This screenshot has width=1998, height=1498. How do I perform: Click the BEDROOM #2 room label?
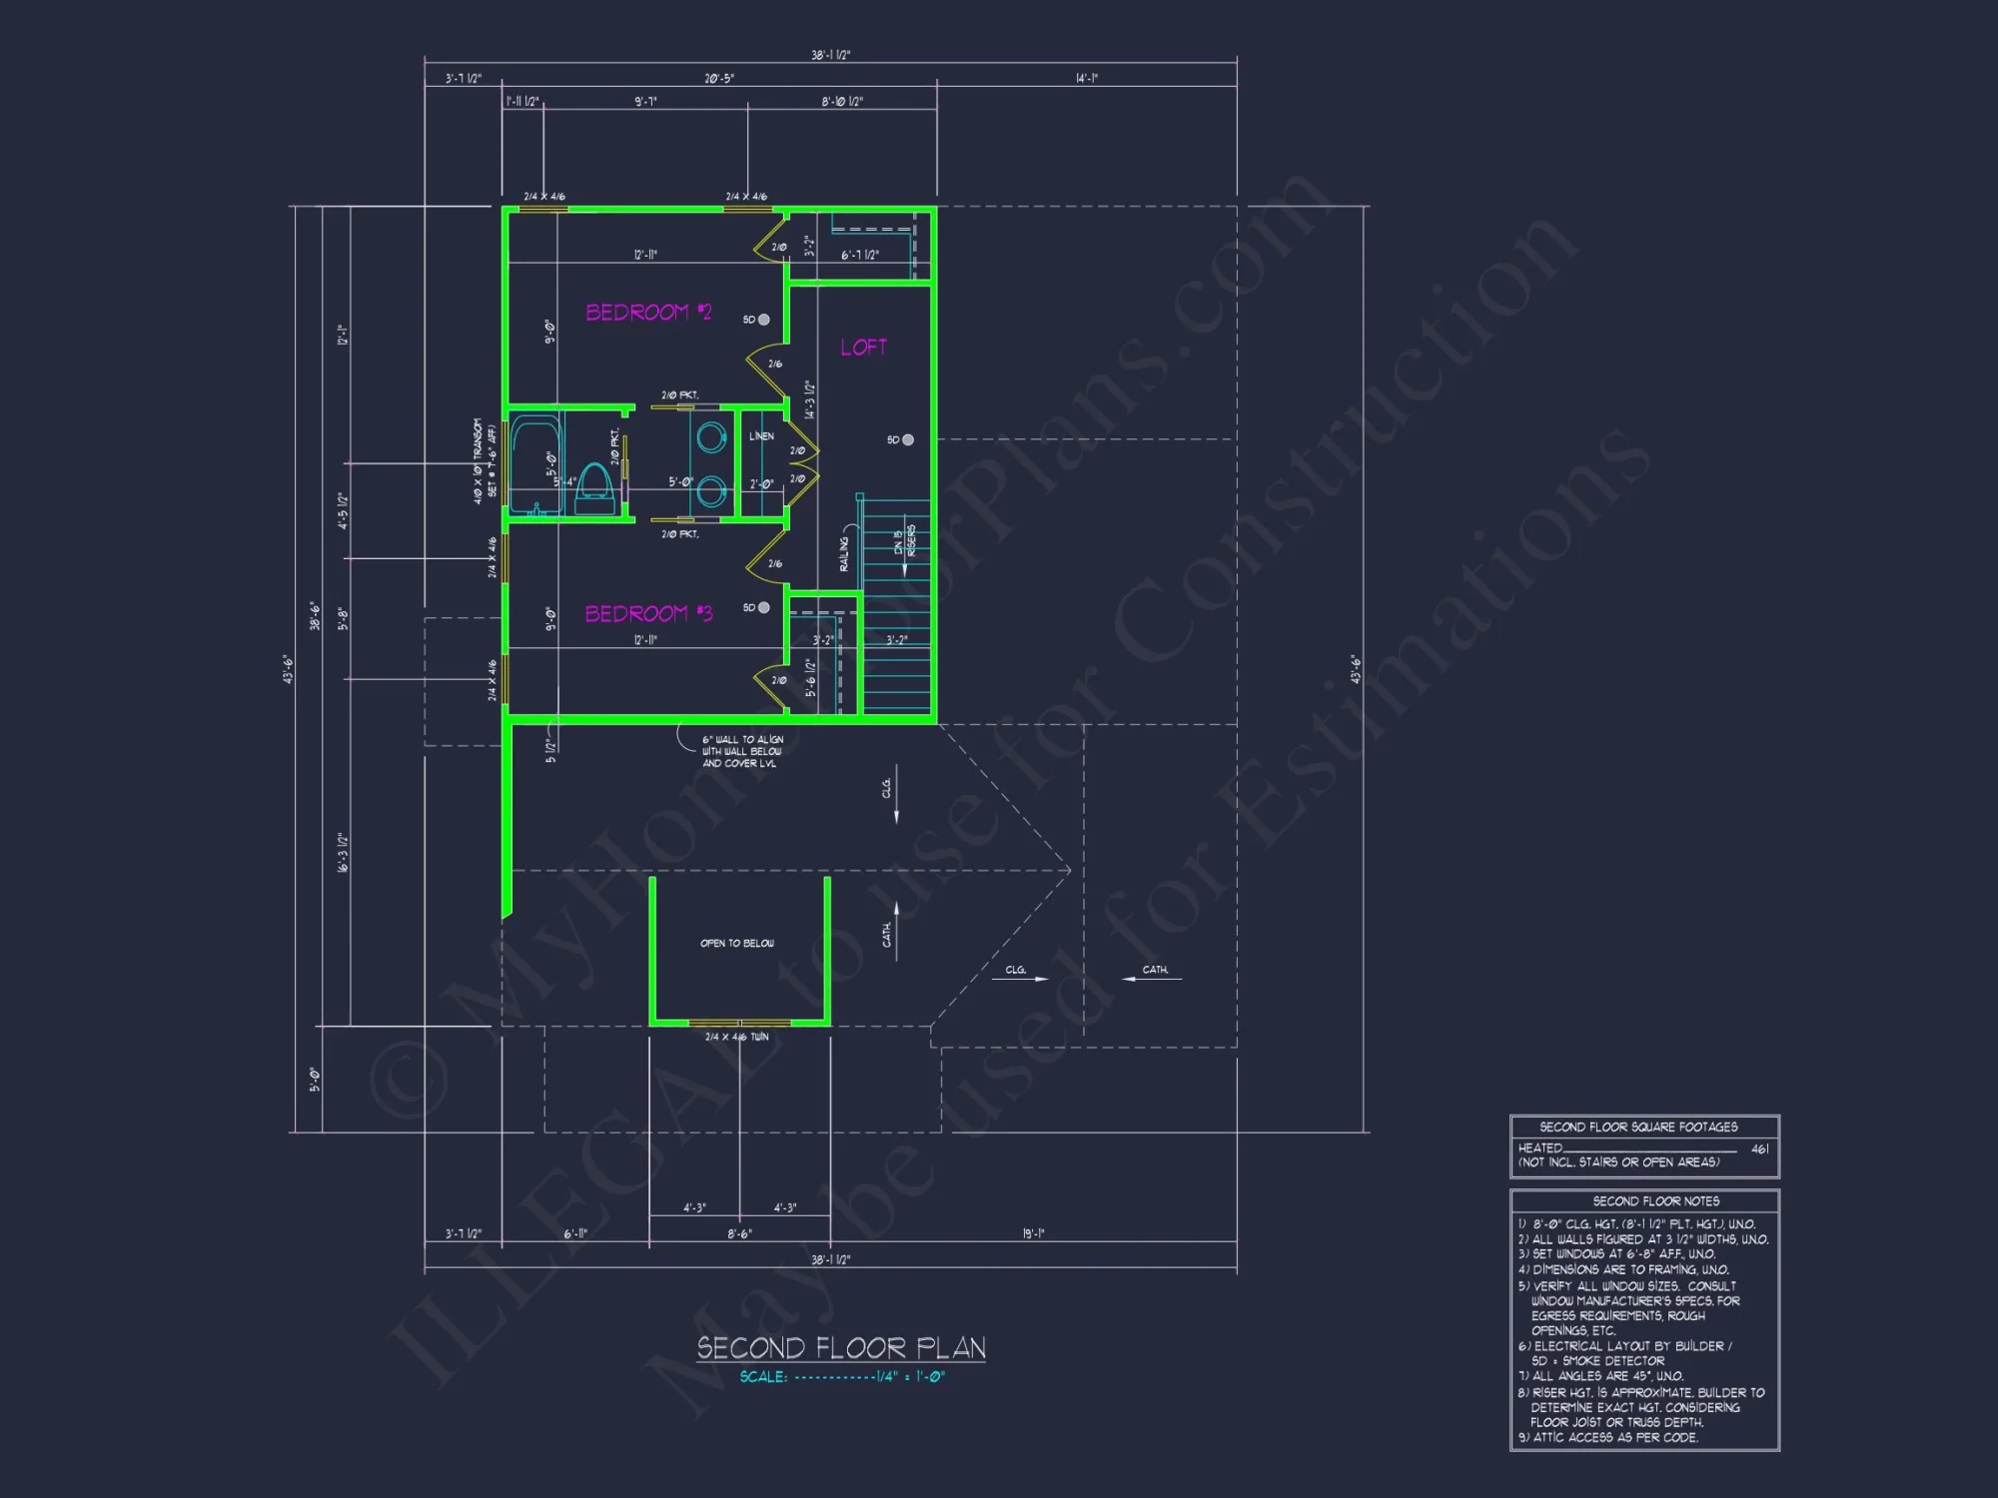[x=648, y=313]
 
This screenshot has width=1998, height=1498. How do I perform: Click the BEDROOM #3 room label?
[x=648, y=613]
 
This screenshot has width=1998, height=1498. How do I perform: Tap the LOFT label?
[x=863, y=348]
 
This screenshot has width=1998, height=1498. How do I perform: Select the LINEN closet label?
[x=761, y=436]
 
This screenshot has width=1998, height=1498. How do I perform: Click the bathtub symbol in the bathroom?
[x=536, y=465]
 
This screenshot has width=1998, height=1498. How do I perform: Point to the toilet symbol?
[x=595, y=489]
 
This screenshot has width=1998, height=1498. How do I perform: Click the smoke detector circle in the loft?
[x=907, y=439]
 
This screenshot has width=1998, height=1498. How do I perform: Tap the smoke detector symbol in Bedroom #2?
[x=763, y=320]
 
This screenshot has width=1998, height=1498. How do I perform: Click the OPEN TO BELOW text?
[x=737, y=943]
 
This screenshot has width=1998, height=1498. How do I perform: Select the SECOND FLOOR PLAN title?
[x=841, y=1348]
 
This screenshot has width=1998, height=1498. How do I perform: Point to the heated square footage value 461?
[x=1760, y=1148]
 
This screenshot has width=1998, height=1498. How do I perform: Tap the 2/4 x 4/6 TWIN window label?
[x=737, y=1037]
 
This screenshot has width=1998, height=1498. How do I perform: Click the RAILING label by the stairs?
[x=844, y=553]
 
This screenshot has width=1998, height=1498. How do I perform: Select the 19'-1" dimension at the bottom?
[x=1033, y=1233]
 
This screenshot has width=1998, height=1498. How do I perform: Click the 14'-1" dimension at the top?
[x=1087, y=78]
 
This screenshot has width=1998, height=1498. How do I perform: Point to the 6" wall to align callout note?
[x=742, y=751]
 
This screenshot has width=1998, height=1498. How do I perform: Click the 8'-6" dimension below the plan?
[x=739, y=1234]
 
